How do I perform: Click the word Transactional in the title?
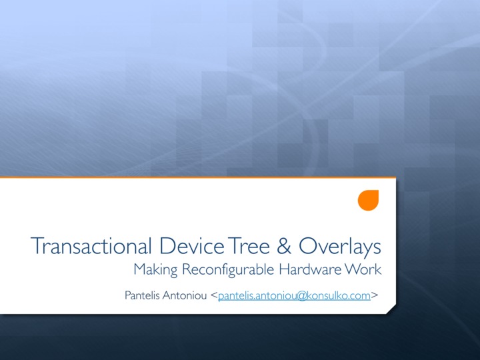coord(91,246)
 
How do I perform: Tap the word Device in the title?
coord(192,246)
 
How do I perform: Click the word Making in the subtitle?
coord(155,270)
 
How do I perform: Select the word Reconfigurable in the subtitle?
coord(228,270)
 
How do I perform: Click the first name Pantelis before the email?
coord(142,295)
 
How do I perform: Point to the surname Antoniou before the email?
coord(185,295)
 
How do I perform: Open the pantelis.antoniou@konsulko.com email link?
coord(294,296)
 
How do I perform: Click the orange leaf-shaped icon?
coord(368,201)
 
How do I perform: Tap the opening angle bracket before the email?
coord(214,296)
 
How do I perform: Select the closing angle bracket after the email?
coord(375,296)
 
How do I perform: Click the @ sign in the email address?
coord(301,296)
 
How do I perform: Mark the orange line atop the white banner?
coord(198,177)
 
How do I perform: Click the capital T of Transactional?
coord(37,246)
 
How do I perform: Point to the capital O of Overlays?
coord(307,246)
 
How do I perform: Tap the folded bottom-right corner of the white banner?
coord(391,309)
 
